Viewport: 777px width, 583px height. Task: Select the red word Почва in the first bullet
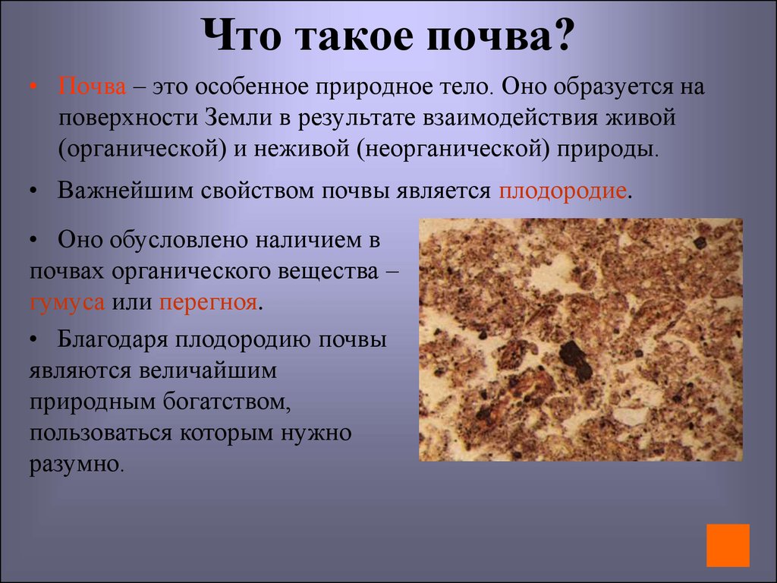[92, 86]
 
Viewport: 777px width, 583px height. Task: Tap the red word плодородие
[562, 190]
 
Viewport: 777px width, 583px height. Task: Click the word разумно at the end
[74, 462]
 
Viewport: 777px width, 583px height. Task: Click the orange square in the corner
[727, 545]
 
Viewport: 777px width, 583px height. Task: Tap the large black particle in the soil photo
[574, 360]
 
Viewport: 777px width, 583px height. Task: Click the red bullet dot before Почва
[34, 87]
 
